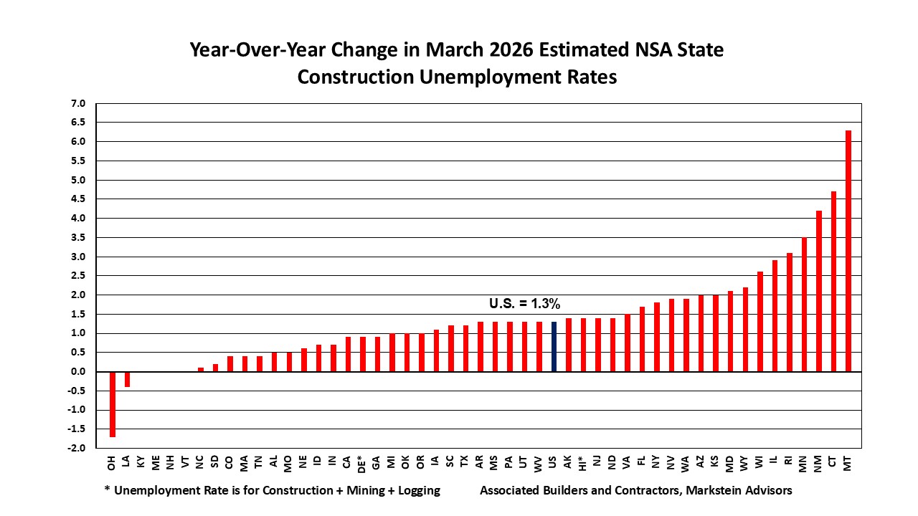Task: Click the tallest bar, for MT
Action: pos(848,251)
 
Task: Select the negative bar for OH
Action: pos(113,404)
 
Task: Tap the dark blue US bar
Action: pos(554,346)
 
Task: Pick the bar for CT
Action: pos(833,282)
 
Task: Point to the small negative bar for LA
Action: pos(127,379)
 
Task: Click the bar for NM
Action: pos(819,291)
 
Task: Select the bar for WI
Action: pos(760,322)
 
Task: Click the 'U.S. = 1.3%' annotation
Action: pos(524,303)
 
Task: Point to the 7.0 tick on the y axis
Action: pos(78,103)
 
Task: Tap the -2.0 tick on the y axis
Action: pos(76,448)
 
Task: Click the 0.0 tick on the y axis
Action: pos(78,371)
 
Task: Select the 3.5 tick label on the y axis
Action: pos(78,237)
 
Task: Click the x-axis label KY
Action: pos(141,462)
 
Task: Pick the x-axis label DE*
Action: pos(361,464)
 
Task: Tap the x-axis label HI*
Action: pos(582,463)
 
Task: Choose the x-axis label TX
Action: pos(464,462)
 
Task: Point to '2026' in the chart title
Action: pos(511,49)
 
